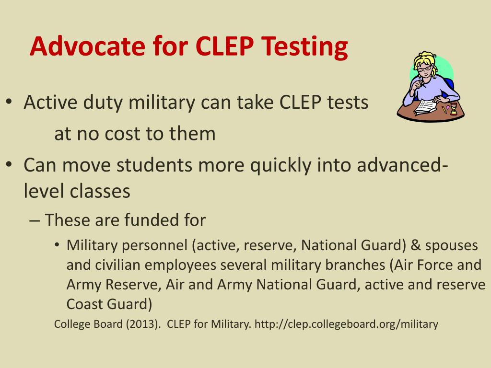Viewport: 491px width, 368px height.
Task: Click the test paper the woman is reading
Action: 425,106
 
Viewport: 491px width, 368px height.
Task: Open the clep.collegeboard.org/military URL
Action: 346,324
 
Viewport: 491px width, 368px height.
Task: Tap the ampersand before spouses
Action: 416,245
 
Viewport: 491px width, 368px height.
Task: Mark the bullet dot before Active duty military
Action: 10,103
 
